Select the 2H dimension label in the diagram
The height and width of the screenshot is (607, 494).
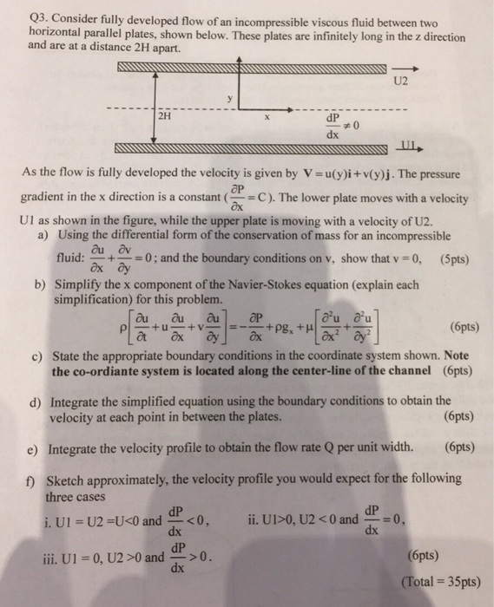pyautogui.click(x=165, y=115)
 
